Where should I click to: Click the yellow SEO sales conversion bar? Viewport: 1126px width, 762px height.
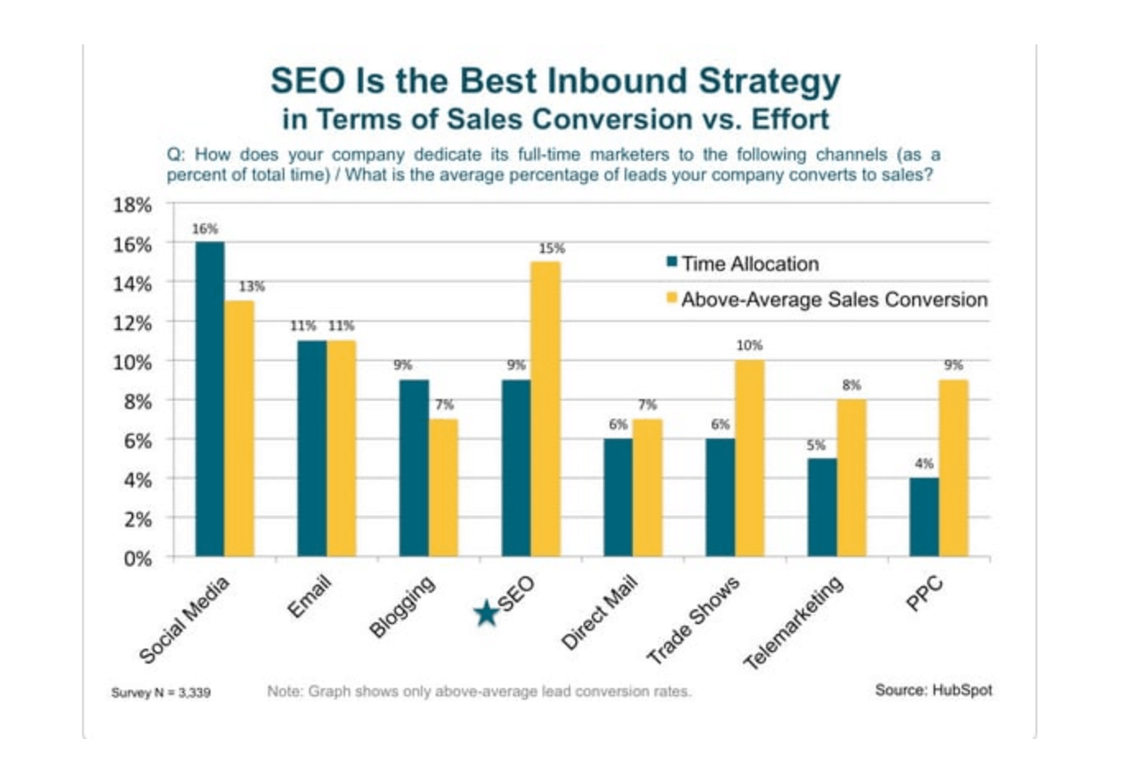(546, 409)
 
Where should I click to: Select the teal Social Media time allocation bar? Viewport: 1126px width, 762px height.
(210, 399)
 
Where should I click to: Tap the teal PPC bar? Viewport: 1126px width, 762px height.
(924, 517)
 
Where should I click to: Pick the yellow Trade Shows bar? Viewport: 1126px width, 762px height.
(750, 458)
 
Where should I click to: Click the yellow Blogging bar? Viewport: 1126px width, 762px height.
(444, 488)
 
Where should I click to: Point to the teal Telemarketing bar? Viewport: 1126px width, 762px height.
(822, 507)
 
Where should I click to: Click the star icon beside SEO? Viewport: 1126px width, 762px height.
(487, 612)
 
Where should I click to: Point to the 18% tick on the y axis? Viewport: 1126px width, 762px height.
(132, 205)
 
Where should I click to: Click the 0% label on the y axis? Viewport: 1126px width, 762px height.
(137, 558)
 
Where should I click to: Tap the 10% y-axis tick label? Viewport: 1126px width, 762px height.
(132, 362)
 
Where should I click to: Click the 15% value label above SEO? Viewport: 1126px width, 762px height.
(551, 248)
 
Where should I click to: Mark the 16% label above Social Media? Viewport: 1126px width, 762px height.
(205, 228)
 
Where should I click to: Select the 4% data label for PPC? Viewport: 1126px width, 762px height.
(924, 464)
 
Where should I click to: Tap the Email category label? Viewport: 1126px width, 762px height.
(309, 597)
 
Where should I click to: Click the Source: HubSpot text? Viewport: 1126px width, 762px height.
(933, 690)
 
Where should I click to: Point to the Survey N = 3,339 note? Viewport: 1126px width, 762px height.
(161, 693)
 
